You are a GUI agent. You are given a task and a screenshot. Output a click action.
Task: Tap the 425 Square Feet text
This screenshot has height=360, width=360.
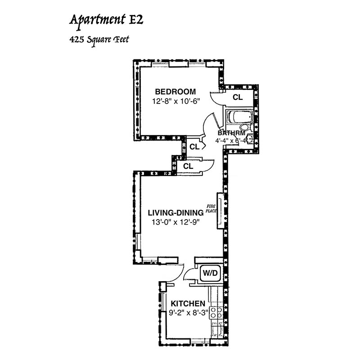pos(99,40)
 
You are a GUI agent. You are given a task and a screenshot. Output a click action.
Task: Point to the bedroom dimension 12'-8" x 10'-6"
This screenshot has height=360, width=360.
pos(176,101)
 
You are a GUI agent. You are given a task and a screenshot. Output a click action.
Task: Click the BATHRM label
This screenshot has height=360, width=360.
pos(231,133)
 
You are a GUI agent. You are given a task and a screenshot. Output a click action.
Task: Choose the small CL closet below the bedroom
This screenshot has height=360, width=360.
pos(194,146)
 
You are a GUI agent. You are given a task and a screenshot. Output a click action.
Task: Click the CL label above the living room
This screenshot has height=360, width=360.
pos(188,166)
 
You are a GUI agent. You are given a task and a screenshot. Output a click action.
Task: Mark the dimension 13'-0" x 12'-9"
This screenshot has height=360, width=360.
pos(176,222)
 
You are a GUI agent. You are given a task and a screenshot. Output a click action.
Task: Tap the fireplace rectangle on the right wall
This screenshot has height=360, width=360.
pos(220,210)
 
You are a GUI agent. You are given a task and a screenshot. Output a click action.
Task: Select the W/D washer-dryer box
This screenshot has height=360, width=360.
pos(210,273)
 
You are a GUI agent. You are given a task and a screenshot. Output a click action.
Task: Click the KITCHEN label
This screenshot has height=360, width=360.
pos(188,304)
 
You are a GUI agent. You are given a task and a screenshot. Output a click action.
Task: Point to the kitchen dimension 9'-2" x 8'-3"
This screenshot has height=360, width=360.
pos(188,313)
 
